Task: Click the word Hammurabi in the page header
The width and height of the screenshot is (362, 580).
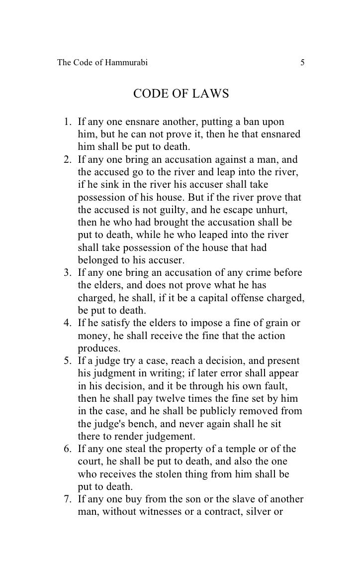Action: [x=124, y=63]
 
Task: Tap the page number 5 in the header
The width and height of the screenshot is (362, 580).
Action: [x=302, y=63]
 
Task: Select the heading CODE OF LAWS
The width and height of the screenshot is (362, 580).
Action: [x=181, y=94]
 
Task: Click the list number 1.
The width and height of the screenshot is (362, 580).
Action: [x=67, y=122]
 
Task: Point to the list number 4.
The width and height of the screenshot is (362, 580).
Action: [x=67, y=323]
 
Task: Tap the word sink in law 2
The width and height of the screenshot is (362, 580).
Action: [x=105, y=185]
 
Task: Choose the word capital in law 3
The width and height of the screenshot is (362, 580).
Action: [x=199, y=298]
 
